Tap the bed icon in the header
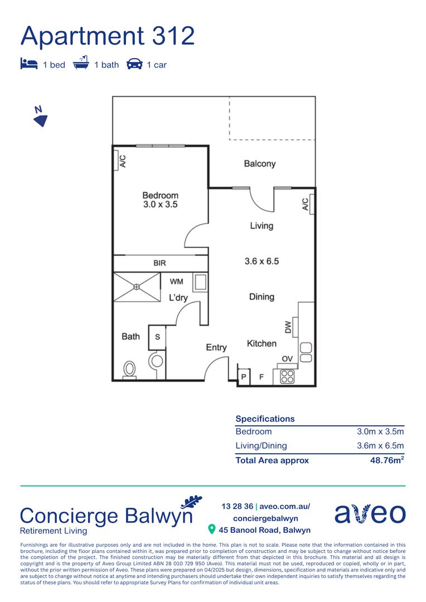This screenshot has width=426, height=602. click(x=28, y=64)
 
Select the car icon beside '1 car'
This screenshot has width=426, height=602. click(x=134, y=64)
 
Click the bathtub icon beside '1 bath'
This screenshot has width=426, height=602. click(x=81, y=64)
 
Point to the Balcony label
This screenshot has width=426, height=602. click(x=260, y=164)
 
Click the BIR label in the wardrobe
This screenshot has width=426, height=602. click(x=159, y=263)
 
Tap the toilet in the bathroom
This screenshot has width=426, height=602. click(x=129, y=369)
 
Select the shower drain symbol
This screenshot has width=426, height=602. click(x=137, y=287)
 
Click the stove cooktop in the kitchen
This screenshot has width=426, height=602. click(x=287, y=376)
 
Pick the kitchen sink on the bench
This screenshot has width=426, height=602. click(x=306, y=352)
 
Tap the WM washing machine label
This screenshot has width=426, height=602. click(x=176, y=282)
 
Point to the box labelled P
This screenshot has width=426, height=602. click(x=244, y=377)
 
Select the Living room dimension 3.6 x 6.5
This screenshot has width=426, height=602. click(x=262, y=260)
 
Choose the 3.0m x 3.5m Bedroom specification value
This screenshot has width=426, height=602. click(x=380, y=431)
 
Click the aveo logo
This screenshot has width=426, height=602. click(x=370, y=514)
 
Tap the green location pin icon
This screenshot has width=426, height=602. click(x=211, y=529)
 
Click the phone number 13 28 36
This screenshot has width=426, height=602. click(x=236, y=507)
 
